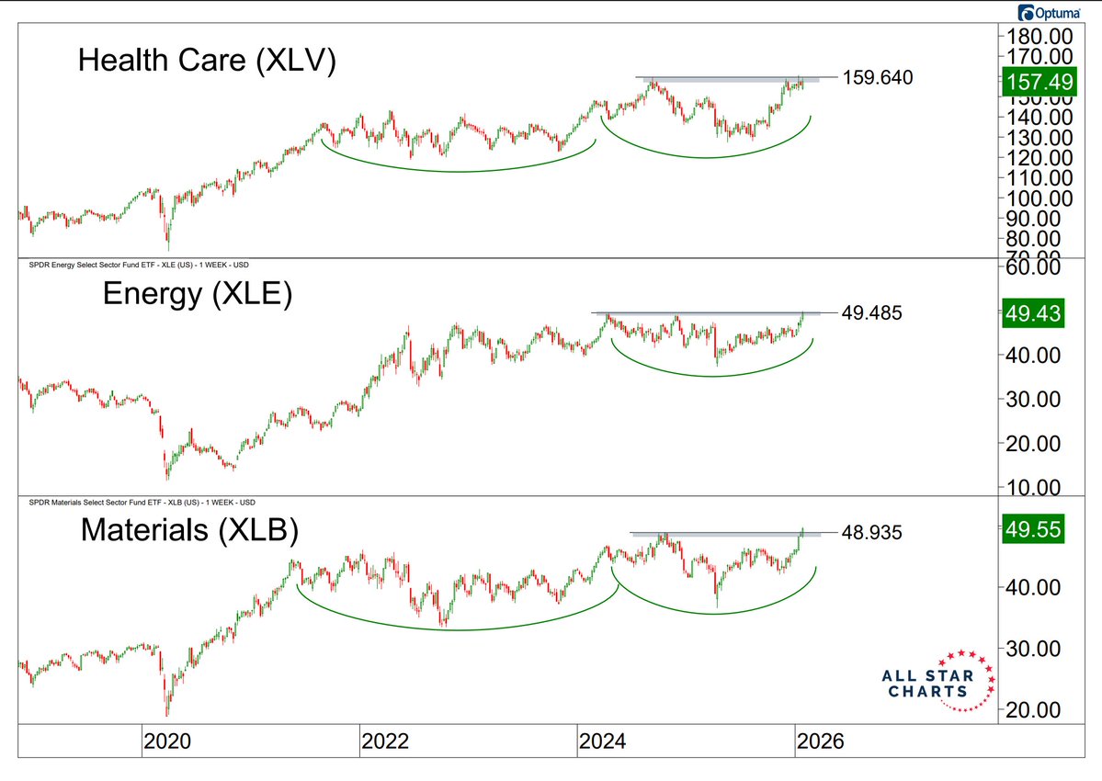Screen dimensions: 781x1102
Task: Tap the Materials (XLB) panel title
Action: coord(188,530)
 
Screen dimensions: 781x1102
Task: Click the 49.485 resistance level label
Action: coord(872,313)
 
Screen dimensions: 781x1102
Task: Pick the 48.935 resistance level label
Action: coord(872,532)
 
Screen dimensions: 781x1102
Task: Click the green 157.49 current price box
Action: coord(1034,80)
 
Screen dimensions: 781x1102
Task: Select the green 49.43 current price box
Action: coord(1034,314)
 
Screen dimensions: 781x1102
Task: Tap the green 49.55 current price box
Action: coord(1034,529)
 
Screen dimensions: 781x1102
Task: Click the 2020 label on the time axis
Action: coord(168,741)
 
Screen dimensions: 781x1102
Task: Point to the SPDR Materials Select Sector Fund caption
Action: coord(139,503)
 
